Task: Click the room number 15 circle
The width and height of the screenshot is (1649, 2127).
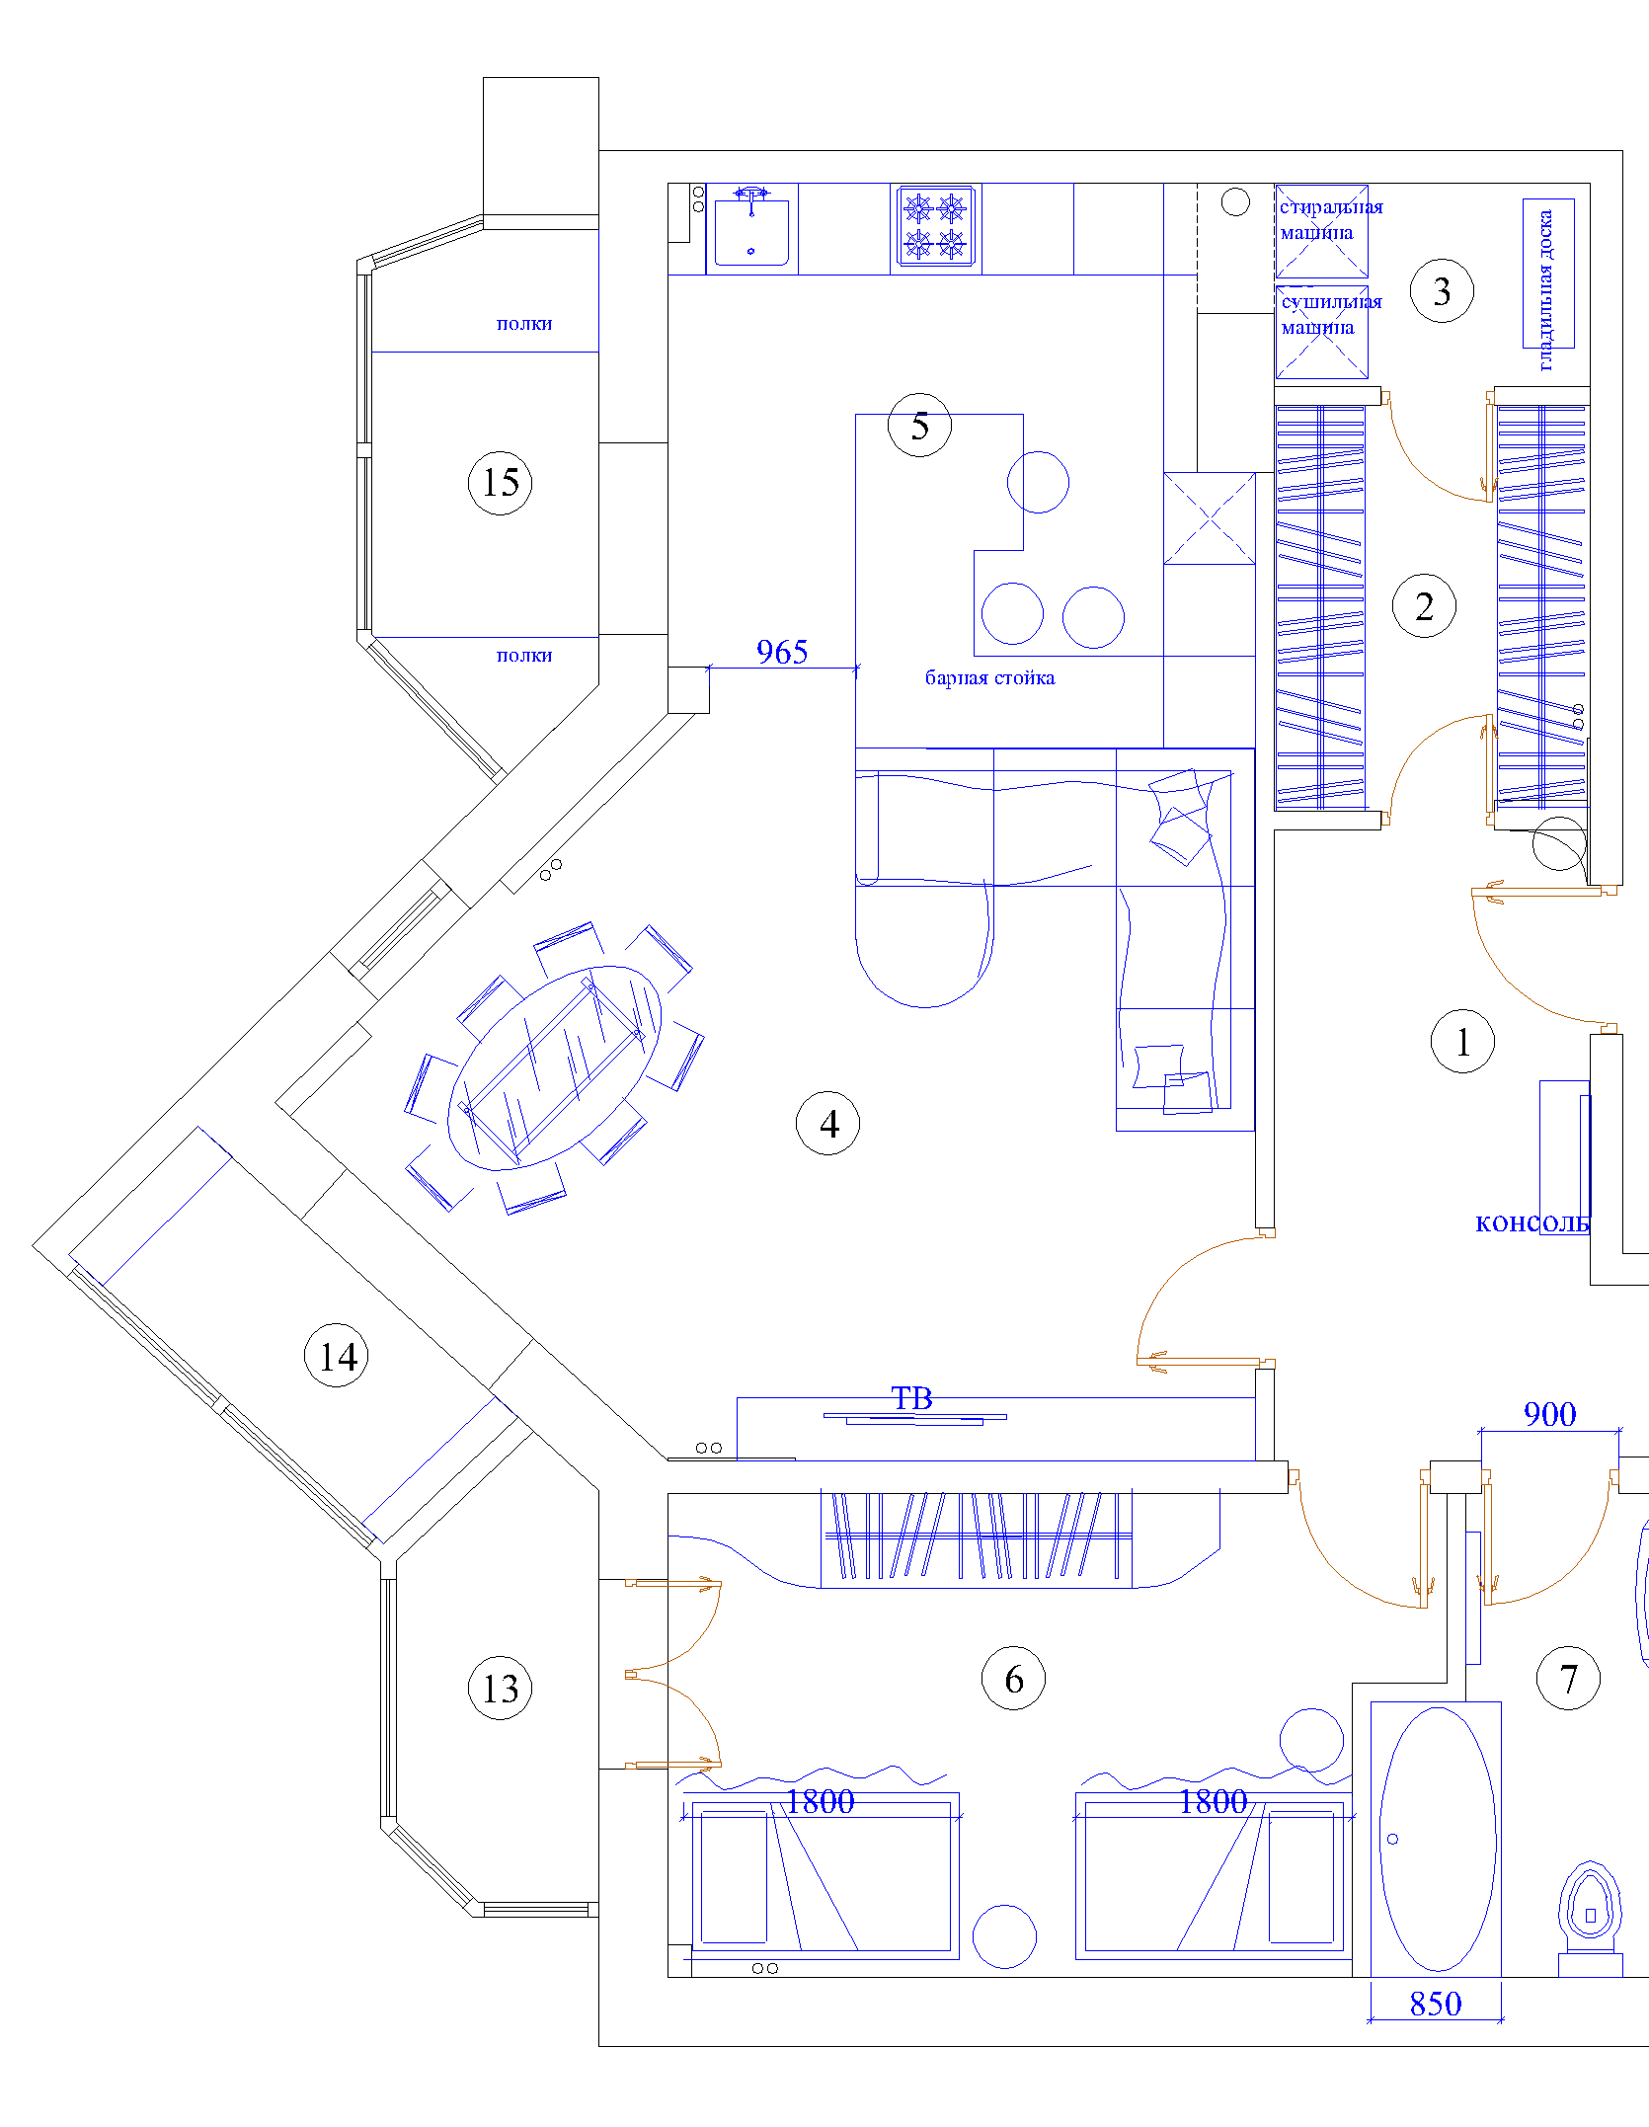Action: click(x=500, y=483)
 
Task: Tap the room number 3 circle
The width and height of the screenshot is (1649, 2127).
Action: click(x=1442, y=291)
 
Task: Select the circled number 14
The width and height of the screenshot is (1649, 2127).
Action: click(x=337, y=1356)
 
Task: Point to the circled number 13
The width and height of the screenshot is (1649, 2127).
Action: click(x=500, y=1689)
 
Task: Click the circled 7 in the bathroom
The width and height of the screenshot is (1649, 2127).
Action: click(x=1568, y=1679)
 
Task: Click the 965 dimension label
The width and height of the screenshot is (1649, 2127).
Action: click(x=782, y=652)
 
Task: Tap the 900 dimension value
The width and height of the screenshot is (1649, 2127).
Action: click(x=1549, y=1414)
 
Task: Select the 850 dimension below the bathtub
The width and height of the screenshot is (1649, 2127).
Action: click(x=1436, y=2004)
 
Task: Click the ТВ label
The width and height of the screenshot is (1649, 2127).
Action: click(x=911, y=1398)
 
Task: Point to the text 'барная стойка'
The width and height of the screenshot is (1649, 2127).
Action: click(x=989, y=677)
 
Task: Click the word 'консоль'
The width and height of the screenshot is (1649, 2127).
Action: click(x=1532, y=1223)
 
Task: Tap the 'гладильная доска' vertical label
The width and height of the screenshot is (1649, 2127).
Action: click(x=1546, y=290)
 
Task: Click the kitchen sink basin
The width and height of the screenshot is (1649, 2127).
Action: click(x=751, y=233)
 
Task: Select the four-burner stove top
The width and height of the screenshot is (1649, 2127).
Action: click(x=935, y=226)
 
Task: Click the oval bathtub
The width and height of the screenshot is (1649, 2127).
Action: click(x=1438, y=1839)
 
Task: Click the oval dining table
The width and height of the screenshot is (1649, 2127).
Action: click(x=554, y=1067)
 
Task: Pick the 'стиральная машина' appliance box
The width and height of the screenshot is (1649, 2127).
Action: click(x=1321, y=231)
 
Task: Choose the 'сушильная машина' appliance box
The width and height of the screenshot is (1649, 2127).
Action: click(x=1321, y=333)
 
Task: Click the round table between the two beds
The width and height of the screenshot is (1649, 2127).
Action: click(x=1004, y=1936)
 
